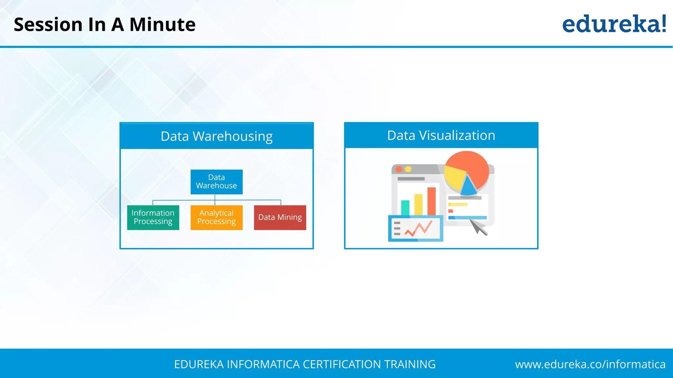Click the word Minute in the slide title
tap(162, 25)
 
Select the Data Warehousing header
tap(217, 136)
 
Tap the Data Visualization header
tap(441, 135)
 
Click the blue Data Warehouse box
tap(217, 182)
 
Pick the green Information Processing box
tap(153, 218)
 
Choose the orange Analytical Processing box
tap(217, 218)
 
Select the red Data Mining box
tap(280, 218)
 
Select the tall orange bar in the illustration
tap(431, 201)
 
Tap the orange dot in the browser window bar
tap(399, 169)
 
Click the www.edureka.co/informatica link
tap(590, 364)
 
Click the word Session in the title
tap(48, 25)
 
